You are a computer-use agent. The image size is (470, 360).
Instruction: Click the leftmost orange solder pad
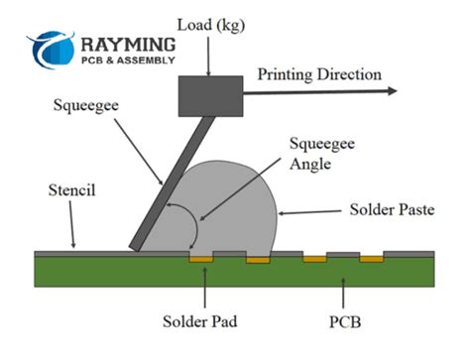(x=201, y=259)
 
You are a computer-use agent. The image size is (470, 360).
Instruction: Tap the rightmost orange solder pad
(x=372, y=259)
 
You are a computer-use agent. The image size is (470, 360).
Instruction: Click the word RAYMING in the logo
(x=129, y=45)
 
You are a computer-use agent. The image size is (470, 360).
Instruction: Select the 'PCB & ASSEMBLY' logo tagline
(x=129, y=60)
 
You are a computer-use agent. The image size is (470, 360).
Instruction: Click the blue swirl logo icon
(x=52, y=50)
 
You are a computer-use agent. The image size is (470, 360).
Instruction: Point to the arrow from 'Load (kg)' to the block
(x=209, y=55)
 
